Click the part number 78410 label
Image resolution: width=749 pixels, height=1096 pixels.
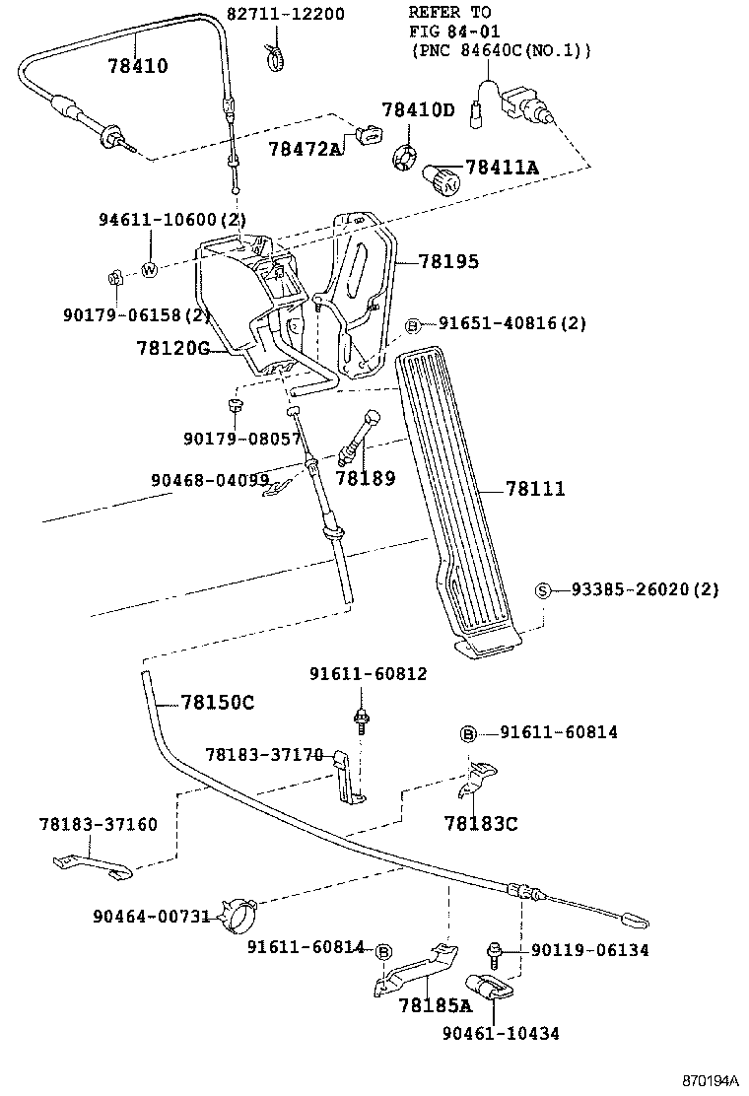point(138,67)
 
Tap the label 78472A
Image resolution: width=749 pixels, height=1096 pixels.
point(305,148)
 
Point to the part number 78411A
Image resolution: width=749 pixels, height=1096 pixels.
point(502,169)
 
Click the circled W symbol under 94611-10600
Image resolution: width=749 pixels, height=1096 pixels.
point(150,269)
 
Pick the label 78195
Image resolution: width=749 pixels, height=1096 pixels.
point(448,261)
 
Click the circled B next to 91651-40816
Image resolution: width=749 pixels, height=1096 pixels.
point(413,325)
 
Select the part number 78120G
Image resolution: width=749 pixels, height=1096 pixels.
point(173,348)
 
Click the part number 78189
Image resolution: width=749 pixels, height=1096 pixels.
point(365,479)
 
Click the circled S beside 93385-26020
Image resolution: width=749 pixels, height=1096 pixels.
point(543,590)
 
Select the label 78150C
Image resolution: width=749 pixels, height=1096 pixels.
point(218,702)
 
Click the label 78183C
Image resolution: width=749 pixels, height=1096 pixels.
point(480,823)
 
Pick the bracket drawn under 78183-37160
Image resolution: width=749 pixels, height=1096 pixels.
point(89,864)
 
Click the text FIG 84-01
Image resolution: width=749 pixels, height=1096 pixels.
point(448,31)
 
